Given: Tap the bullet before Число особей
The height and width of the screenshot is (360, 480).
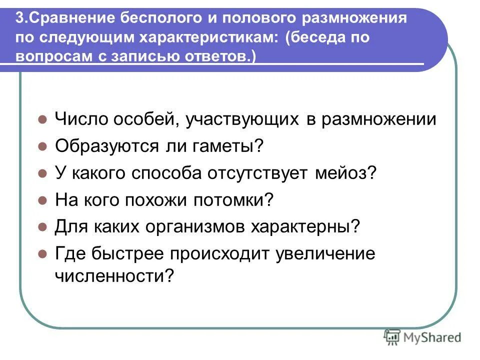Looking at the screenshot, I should pyautogui.click(x=43, y=120).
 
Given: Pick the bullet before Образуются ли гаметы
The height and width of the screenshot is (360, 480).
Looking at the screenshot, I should pyautogui.click(x=43, y=147).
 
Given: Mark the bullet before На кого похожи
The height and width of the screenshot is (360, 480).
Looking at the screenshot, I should pyautogui.click(x=43, y=201).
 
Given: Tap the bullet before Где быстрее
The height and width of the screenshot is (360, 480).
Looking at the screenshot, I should pyautogui.click(x=43, y=255).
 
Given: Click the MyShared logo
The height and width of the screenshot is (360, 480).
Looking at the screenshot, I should pyautogui.click(x=423, y=337).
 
